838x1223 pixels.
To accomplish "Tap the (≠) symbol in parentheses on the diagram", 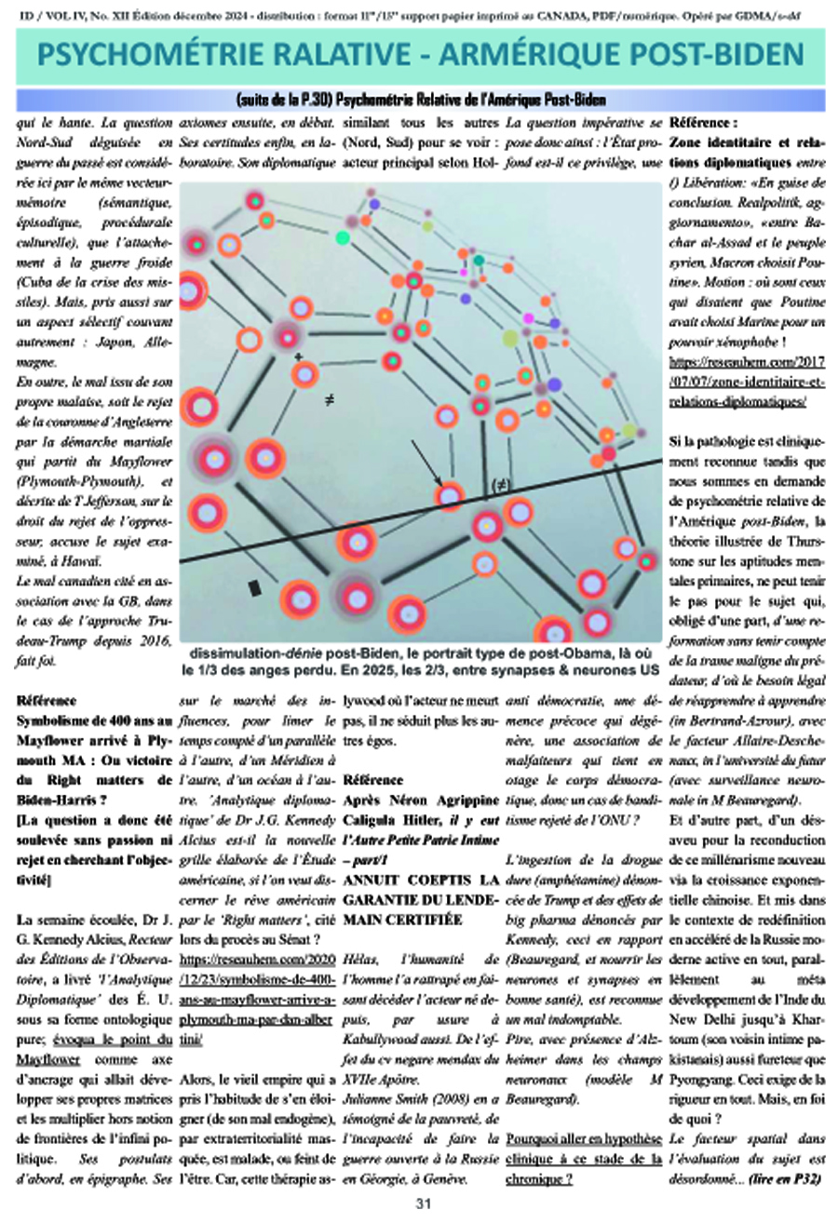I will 502,484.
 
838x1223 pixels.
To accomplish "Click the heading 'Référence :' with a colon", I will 703,122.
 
